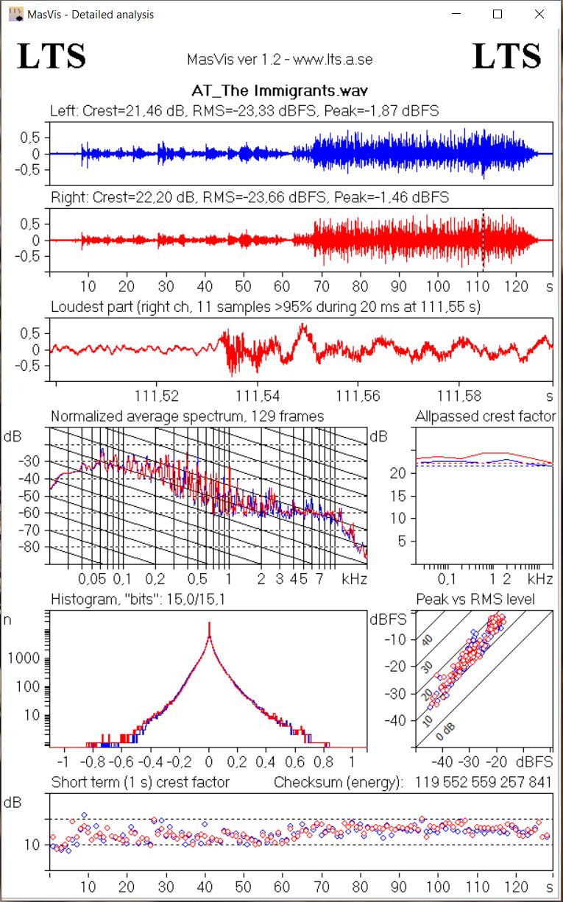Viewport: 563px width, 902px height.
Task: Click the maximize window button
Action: (x=498, y=14)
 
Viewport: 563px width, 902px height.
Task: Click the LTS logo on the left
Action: (x=52, y=56)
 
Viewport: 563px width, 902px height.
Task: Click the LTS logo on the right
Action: (x=506, y=56)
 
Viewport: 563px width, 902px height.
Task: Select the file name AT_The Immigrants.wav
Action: (x=280, y=90)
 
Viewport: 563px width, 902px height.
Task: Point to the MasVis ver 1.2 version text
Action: (x=280, y=59)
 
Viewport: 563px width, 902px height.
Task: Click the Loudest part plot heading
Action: (x=265, y=306)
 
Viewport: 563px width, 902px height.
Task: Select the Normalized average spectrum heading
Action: (x=187, y=416)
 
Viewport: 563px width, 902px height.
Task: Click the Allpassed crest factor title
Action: (x=485, y=416)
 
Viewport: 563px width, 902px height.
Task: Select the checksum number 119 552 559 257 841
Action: (x=484, y=782)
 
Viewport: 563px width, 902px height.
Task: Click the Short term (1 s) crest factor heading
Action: (x=140, y=782)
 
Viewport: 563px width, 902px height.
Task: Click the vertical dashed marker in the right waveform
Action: (x=483, y=239)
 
